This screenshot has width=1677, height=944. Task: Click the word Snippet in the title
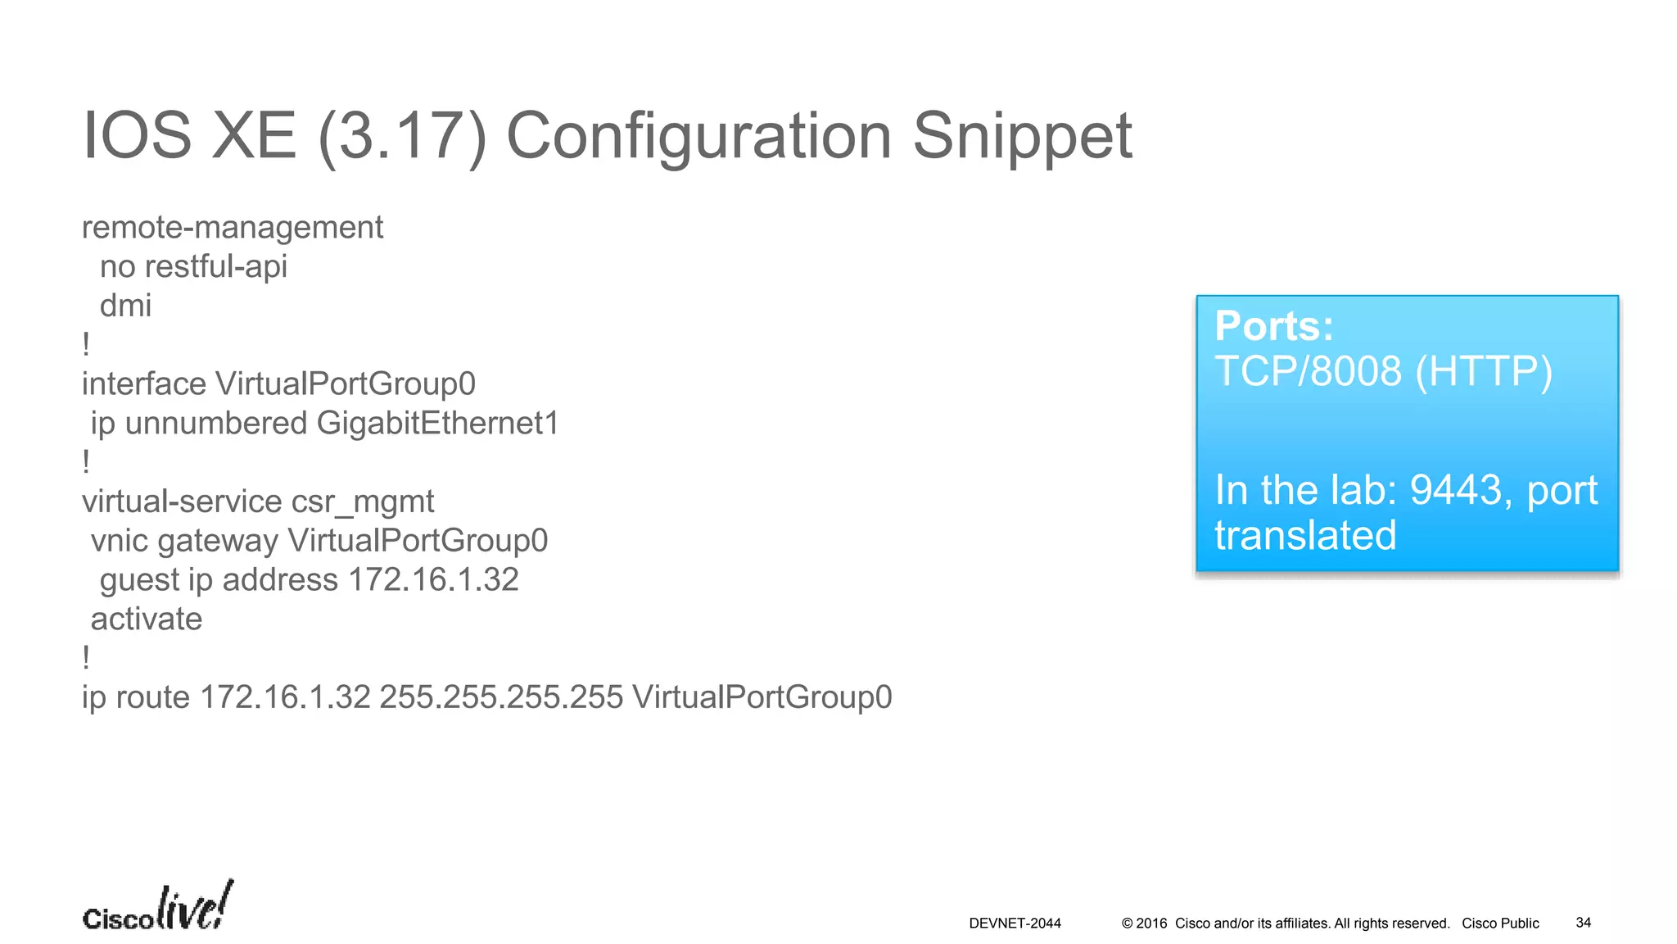click(x=1022, y=137)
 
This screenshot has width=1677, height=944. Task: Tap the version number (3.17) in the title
click(x=402, y=137)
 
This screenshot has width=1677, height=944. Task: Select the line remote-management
click(x=233, y=227)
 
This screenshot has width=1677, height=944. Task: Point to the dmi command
click(x=125, y=306)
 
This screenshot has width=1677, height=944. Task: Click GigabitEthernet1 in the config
click(x=438, y=424)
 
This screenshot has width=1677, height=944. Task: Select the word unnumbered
click(x=215, y=424)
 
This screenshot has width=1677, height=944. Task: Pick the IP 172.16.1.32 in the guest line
click(x=433, y=580)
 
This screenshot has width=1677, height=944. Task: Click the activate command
click(x=147, y=619)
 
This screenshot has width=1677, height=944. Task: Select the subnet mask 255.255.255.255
click(x=501, y=697)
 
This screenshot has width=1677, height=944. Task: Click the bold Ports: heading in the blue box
click(x=1274, y=326)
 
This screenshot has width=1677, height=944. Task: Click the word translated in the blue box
click(x=1305, y=536)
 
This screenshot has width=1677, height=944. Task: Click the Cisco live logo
click(x=158, y=907)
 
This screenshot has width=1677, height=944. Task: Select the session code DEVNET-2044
click(x=1015, y=924)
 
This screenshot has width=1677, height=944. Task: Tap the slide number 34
click(x=1584, y=923)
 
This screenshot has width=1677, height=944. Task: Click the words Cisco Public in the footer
click(x=1500, y=924)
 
